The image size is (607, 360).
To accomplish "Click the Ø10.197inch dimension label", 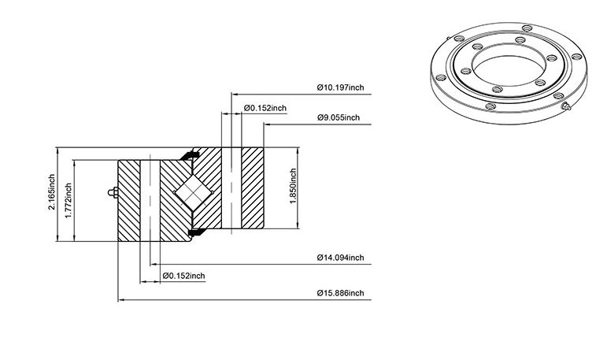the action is pos(341,87).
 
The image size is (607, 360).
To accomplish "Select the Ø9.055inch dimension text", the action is pos(339,117).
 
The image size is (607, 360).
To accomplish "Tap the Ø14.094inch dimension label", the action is pos(341,258).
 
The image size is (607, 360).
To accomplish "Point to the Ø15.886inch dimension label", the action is pos(341,292).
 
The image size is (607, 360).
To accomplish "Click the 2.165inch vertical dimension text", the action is pos(51,192).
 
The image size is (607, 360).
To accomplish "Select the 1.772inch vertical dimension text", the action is pos(68,200).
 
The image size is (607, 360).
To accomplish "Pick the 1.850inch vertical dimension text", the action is pos(293,187).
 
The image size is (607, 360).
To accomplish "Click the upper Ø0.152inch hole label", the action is pos(265,108).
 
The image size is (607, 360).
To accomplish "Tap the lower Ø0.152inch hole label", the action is pos(184,276).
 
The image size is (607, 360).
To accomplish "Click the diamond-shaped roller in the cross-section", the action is pos(193,192).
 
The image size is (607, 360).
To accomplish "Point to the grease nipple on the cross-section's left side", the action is pos(113,192).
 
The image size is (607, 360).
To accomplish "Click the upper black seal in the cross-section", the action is pos(190,155).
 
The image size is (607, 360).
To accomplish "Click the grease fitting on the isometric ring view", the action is pos(566,106).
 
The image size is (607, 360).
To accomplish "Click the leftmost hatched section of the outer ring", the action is pos(129,200).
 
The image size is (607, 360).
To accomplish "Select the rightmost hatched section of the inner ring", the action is pos(253,188).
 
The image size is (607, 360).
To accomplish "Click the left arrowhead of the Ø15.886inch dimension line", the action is pos(120,300).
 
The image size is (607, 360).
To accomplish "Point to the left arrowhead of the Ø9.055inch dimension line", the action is pos(267,124).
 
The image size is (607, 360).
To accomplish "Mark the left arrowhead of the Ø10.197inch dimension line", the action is pos(234,95).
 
